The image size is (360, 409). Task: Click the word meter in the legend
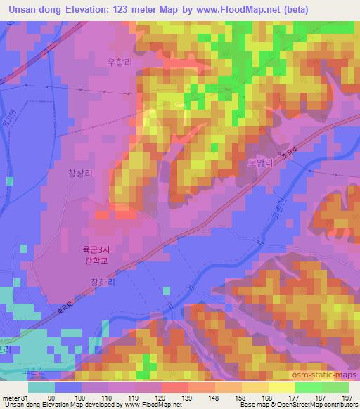[10, 398]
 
